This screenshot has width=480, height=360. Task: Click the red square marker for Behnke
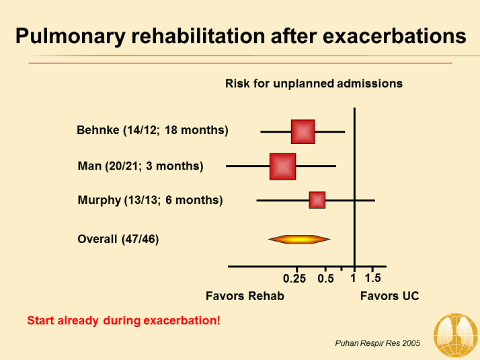pos(303,131)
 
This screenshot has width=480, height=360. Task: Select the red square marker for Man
pos(282,166)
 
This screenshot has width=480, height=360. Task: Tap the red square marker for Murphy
pos(317,200)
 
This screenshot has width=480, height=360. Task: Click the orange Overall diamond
pos(299,239)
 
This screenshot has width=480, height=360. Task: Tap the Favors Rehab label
pos(245,296)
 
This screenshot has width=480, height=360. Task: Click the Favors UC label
pos(389,296)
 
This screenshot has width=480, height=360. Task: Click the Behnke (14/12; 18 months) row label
pos(153,130)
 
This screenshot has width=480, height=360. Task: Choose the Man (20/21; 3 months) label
pos(141,166)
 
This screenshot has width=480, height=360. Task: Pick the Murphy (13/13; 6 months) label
pos(150,200)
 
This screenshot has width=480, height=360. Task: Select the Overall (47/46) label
pos(118,239)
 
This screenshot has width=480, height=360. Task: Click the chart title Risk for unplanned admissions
pos(313,83)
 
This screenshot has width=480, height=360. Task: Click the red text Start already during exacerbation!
pos(123,320)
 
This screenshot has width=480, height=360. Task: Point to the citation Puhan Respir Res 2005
pos(377,343)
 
